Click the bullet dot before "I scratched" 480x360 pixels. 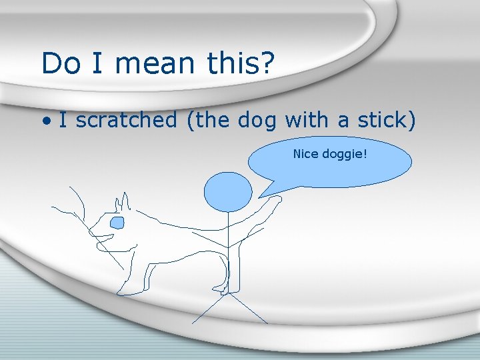click(46, 122)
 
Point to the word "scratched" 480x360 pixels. click(127, 121)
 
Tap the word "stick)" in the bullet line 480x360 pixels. click(387, 121)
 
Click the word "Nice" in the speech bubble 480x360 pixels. click(306, 155)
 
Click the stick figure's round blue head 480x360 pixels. click(228, 192)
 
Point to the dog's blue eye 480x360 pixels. click(117, 222)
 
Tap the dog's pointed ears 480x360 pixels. click(123, 201)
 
